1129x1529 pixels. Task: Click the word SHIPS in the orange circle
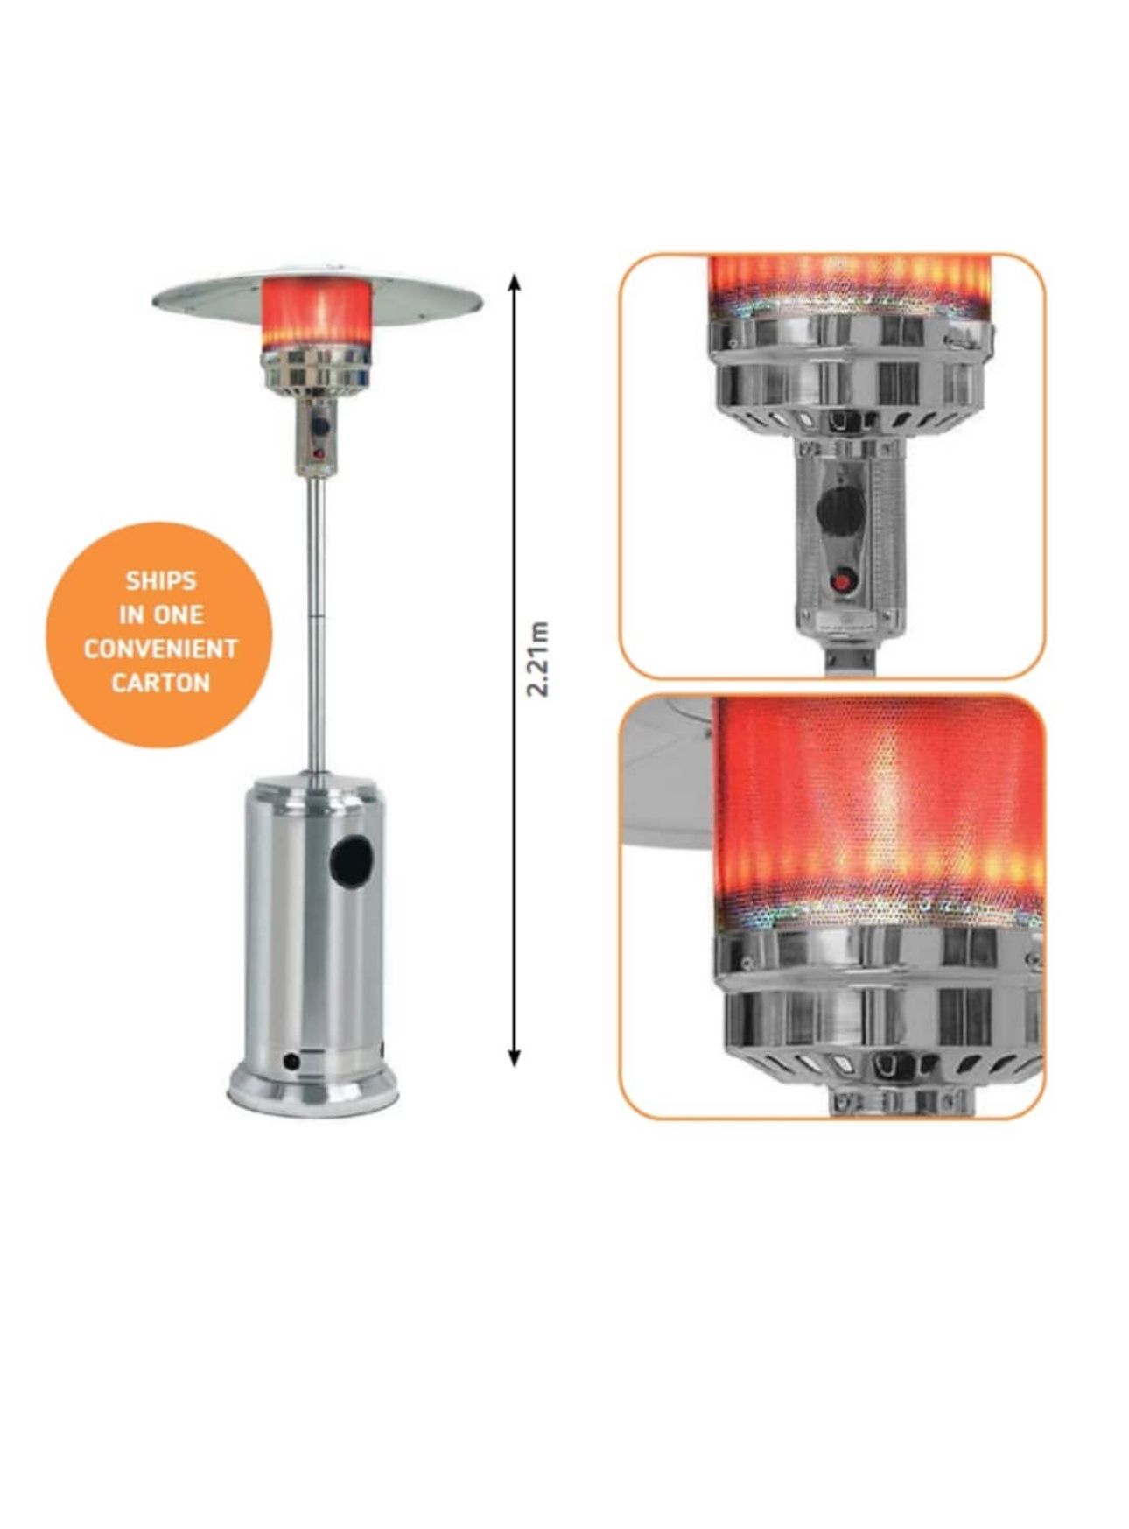tap(160, 580)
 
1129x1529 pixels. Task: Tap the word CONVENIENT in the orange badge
tap(160, 649)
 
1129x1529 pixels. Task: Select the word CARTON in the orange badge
tap(160, 683)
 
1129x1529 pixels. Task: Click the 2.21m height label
tap(538, 659)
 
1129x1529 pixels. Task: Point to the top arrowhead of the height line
tap(515, 280)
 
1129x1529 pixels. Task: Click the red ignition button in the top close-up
tap(842, 582)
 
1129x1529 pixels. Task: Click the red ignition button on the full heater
tap(319, 454)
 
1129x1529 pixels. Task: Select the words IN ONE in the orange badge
tap(160, 614)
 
